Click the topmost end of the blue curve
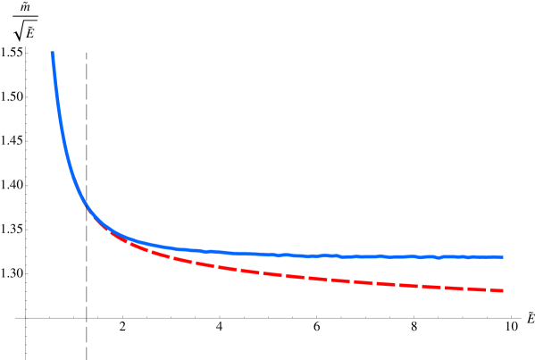click(52, 53)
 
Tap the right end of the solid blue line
click(503, 256)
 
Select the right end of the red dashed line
click(503, 290)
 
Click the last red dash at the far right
click(496, 289)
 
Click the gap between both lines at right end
click(502, 273)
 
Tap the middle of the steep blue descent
click(62, 134)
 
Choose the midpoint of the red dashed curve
click(277, 274)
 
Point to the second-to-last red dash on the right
click(473, 288)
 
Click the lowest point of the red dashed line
click(503, 290)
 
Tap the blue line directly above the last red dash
click(496, 256)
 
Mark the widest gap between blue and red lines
click(500, 273)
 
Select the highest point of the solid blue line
click(52, 53)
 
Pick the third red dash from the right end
click(451, 287)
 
